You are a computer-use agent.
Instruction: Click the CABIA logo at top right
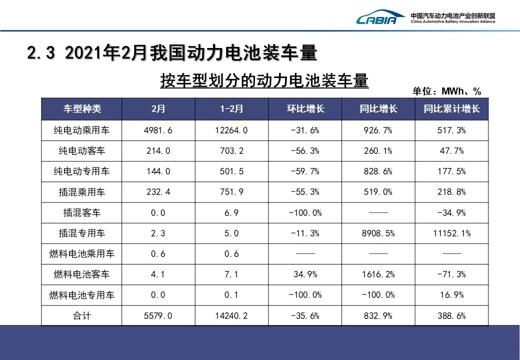377,18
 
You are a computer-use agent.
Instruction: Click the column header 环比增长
305,109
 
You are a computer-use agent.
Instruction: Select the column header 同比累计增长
451,109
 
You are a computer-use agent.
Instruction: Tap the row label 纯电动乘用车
81,130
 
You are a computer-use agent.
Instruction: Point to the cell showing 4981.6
158,130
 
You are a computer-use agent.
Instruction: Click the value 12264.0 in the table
231,130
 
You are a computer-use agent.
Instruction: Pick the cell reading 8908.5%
378,233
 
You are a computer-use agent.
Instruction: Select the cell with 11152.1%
451,233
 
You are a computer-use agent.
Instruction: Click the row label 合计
81,315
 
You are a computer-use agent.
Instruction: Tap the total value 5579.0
158,315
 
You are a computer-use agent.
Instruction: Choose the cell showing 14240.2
231,315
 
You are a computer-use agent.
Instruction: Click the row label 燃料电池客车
81,274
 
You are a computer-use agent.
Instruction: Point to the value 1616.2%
378,274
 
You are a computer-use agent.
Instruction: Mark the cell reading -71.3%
451,274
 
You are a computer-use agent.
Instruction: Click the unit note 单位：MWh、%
446,91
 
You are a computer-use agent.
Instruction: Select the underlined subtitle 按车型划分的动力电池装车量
264,80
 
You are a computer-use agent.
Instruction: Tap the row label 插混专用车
81,233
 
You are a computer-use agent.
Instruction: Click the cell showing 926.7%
378,130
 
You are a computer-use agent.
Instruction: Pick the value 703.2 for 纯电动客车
231,151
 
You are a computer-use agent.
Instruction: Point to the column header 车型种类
81,109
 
